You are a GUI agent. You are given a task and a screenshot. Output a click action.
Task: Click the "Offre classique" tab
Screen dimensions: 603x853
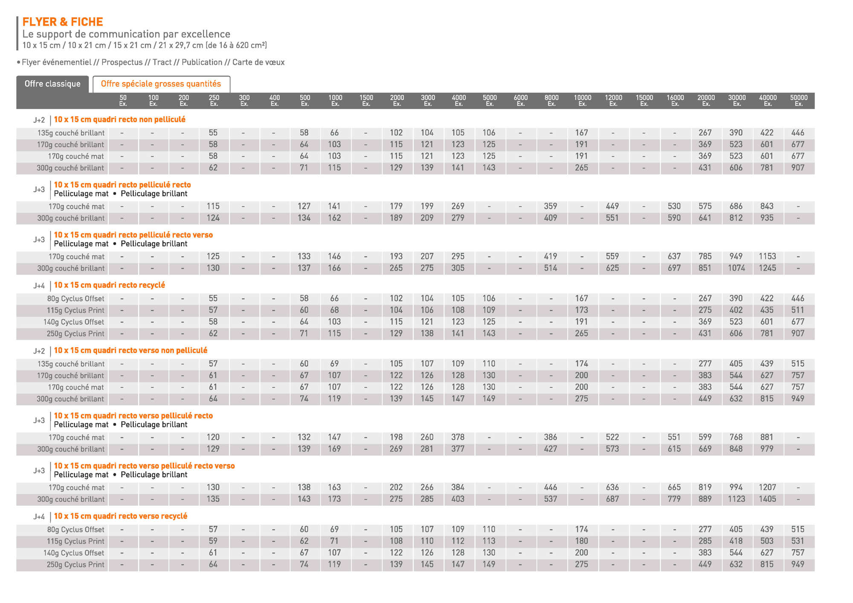click(52, 84)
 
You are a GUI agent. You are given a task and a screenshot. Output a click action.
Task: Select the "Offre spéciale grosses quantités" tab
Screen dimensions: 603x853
click(161, 84)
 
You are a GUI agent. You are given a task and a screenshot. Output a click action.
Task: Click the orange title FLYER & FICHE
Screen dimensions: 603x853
click(63, 22)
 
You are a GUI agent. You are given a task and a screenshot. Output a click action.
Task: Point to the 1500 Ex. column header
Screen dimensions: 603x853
click(366, 101)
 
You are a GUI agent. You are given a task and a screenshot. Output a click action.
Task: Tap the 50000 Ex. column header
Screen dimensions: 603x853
click(798, 101)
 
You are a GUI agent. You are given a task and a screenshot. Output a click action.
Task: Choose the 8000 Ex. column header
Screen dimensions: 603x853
click(551, 101)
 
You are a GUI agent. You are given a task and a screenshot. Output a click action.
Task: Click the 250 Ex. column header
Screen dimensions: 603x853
click(214, 101)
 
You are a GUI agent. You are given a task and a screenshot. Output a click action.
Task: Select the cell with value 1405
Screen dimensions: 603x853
click(767, 499)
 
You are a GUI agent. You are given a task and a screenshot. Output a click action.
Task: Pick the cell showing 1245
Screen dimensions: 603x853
click(767, 268)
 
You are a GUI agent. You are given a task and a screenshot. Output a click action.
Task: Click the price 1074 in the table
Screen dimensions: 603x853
click(737, 268)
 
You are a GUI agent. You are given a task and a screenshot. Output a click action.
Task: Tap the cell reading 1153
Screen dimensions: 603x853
click(767, 256)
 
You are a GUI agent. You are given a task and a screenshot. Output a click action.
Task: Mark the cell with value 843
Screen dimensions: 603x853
click(767, 206)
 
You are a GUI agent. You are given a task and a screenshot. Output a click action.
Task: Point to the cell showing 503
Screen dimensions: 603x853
click(767, 541)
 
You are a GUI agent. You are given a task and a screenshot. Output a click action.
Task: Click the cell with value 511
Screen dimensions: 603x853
click(798, 310)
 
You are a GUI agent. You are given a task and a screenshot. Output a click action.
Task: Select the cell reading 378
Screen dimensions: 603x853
click(458, 437)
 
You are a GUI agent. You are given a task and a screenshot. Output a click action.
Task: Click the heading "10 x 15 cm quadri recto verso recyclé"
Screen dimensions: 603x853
click(120, 516)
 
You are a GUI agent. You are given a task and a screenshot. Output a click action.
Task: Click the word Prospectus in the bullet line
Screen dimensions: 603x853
click(122, 62)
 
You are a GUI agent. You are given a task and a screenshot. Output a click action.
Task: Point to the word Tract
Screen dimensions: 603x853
click(162, 62)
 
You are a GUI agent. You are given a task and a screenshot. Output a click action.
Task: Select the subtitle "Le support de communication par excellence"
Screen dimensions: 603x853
click(126, 34)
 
